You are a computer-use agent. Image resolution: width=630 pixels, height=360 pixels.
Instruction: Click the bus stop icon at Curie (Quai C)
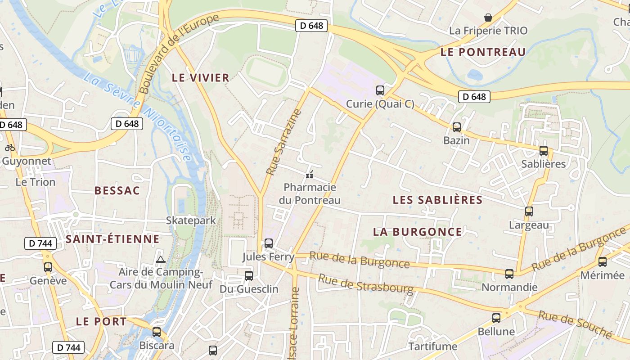[380, 90]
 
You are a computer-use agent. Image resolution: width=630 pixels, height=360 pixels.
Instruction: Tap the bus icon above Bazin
[457, 127]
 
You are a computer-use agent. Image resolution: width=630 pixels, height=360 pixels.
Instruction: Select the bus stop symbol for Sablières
[544, 151]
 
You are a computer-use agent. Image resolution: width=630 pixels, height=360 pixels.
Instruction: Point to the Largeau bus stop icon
[529, 211]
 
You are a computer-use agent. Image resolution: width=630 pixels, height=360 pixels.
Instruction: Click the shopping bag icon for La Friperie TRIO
[488, 18]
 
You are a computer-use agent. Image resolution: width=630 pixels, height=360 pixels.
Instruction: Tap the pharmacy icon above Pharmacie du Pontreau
[310, 174]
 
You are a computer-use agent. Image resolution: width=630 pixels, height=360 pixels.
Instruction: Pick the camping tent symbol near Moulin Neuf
[160, 259]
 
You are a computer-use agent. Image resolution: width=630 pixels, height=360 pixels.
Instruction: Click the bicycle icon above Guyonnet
[10, 148]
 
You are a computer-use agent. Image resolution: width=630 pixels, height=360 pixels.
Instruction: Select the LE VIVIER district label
[201, 78]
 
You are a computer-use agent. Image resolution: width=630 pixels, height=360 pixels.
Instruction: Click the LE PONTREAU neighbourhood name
[483, 52]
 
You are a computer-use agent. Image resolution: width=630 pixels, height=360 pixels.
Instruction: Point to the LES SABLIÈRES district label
[437, 200]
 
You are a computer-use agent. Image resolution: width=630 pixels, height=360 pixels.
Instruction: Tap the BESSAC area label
[117, 190]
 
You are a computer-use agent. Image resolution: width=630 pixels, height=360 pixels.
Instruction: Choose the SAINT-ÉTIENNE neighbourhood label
[112, 239]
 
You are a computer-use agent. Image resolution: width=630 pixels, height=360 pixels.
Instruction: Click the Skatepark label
[191, 220]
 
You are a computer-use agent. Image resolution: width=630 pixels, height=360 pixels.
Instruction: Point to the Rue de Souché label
[575, 324]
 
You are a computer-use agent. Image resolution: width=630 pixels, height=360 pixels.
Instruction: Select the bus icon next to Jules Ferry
[269, 243]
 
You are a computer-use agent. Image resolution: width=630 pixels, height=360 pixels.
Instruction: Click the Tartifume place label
[432, 346]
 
